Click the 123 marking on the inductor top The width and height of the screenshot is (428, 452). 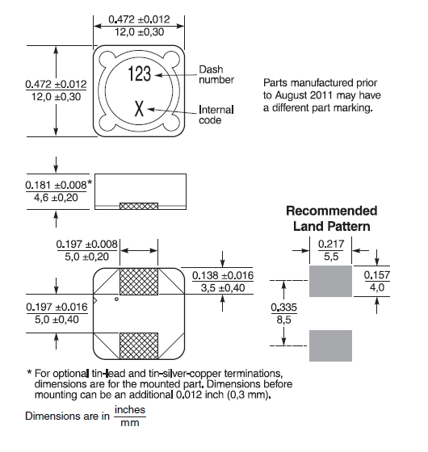tap(139, 73)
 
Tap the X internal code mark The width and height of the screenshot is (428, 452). tap(139, 108)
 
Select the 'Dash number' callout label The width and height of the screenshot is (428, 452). tap(216, 74)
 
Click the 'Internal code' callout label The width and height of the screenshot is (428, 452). tap(216, 115)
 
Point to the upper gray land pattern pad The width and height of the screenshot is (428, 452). tap(330, 281)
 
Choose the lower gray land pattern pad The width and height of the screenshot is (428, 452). tap(330, 345)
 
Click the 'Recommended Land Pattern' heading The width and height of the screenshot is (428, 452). tap(332, 219)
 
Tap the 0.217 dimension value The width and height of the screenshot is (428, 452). tap(331, 244)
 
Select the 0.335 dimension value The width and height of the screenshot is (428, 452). tap(283, 308)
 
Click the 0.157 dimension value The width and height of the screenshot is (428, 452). tap(377, 275)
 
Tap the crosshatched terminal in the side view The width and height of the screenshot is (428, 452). tap(139, 206)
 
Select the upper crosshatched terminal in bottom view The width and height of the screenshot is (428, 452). tap(139, 282)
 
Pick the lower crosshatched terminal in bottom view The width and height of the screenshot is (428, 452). tap(139, 346)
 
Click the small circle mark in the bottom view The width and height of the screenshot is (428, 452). tap(116, 299)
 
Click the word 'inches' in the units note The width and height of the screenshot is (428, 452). tap(130, 410)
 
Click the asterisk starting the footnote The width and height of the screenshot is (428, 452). tap(29, 372)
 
